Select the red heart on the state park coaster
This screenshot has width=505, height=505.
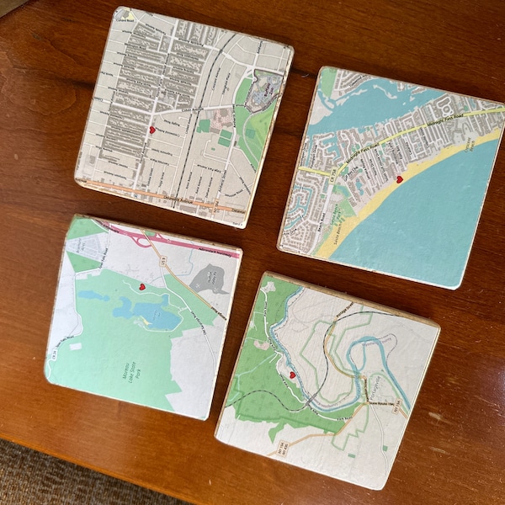coord(142,286)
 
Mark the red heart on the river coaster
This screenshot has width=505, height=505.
coord(293,375)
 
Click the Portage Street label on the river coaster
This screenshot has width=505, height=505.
coord(321,410)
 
